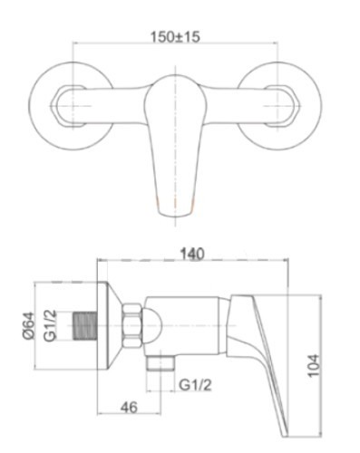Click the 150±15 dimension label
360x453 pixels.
(175, 37)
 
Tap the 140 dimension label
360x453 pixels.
(192, 254)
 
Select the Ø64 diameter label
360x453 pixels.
(29, 325)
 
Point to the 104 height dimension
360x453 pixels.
(313, 365)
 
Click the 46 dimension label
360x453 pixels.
(129, 407)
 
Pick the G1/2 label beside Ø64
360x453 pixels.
(50, 325)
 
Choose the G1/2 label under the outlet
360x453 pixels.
(195, 385)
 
